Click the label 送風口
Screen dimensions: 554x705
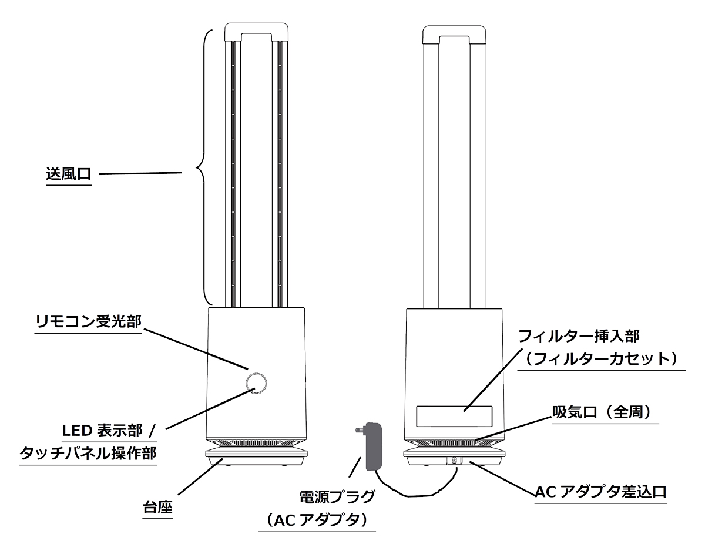click(69, 174)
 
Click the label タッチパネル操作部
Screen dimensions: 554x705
click(88, 453)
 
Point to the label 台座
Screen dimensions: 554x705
click(158, 506)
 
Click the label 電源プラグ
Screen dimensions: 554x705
click(337, 497)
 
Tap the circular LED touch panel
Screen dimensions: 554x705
click(256, 382)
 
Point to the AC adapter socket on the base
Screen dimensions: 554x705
click(454, 461)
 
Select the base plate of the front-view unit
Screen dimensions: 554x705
click(256, 455)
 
